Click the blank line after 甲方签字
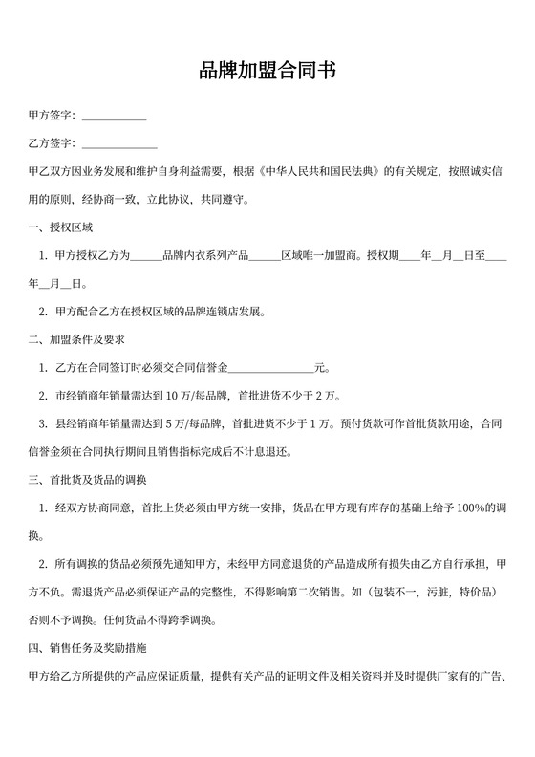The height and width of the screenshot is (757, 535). point(114,118)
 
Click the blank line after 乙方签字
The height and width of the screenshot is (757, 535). point(118,145)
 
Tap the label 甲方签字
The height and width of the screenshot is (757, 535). point(52,116)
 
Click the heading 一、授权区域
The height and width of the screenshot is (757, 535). point(60,227)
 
